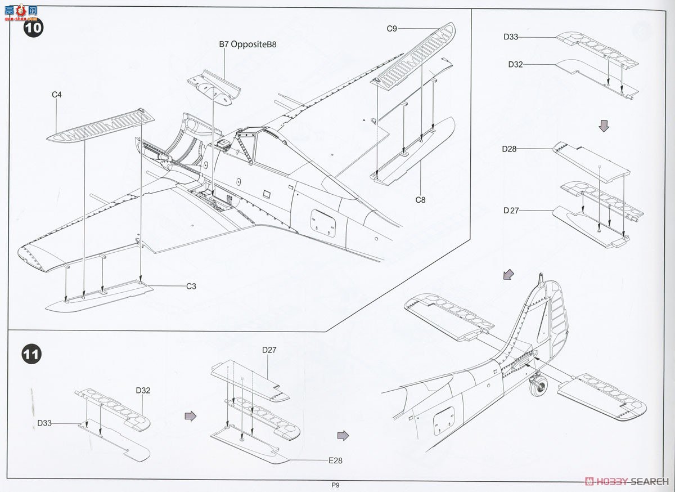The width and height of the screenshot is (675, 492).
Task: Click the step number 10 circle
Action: pos(33,28)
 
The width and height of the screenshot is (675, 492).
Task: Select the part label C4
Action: pos(56,95)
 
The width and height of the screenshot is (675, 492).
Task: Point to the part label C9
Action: pos(392,28)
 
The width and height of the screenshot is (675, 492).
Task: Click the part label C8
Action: pos(420,199)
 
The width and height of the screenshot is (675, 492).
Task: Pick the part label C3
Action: pos(191,286)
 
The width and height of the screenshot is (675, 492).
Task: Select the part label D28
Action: pos(510,149)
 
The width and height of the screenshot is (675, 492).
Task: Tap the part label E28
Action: pos(335,460)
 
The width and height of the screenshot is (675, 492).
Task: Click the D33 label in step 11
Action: pos(45,423)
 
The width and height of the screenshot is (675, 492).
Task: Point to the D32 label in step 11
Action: pos(143,390)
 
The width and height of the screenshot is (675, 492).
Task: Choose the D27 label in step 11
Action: pos(269,350)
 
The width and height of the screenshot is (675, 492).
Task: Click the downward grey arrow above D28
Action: pos(604,126)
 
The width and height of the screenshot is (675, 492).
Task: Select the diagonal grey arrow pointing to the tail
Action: pos(508,274)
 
